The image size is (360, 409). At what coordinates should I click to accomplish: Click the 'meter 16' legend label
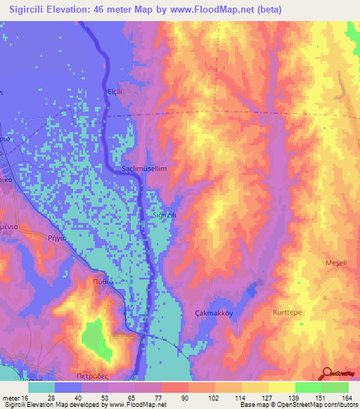16,397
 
